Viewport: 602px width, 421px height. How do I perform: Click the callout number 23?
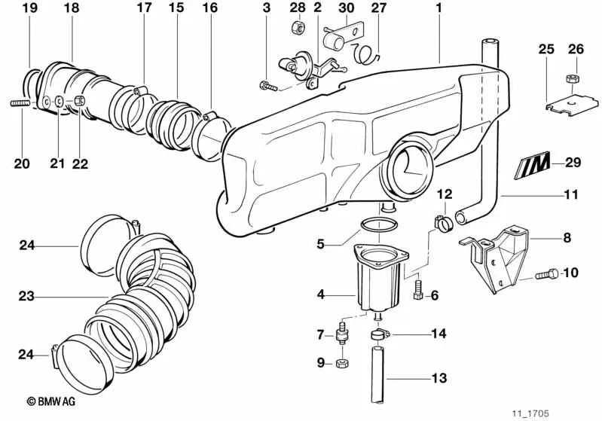pyautogui.click(x=26, y=297)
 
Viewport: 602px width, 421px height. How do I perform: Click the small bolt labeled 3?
pyautogui.click(x=268, y=84)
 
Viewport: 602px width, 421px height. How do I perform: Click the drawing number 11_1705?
pyautogui.click(x=531, y=413)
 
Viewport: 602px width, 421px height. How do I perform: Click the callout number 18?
pyautogui.click(x=71, y=8)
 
